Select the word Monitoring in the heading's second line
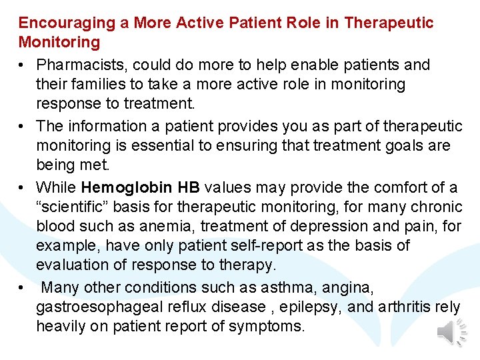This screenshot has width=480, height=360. (59, 43)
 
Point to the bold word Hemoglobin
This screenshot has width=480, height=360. (127, 187)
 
